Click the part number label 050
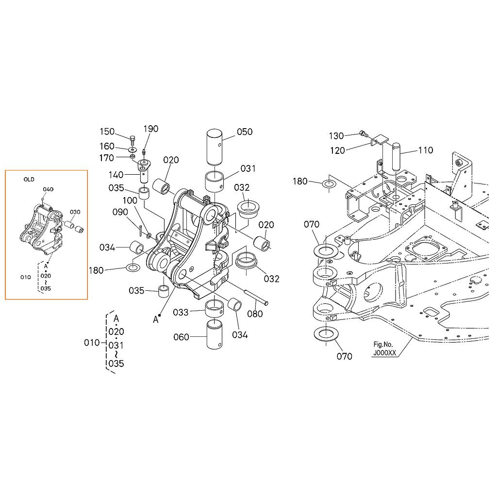[245, 132]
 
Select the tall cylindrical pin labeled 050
[215, 147]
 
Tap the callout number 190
[150, 129]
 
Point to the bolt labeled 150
[133, 139]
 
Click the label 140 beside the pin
[116, 175]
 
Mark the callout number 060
[181, 337]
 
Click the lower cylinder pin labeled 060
[214, 334]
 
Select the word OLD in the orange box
[29, 180]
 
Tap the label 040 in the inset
[48, 189]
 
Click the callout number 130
[336, 136]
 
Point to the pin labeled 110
[397, 157]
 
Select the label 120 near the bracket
[338, 150]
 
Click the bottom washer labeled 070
[325, 334]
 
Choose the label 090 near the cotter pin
[120, 212]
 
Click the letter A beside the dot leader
[155, 319]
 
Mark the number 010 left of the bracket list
[92, 343]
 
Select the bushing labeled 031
[214, 182]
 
